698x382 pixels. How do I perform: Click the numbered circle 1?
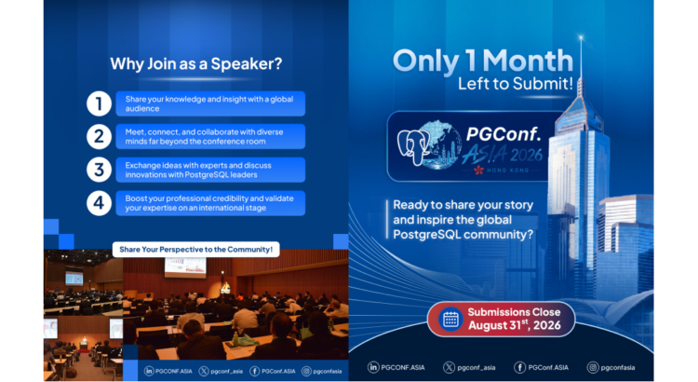click(99, 103)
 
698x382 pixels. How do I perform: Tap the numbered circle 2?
click(99, 136)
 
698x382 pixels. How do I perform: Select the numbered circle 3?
click(99, 170)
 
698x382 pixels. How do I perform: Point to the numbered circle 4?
click(99, 203)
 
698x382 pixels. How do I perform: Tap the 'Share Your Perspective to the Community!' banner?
click(195, 249)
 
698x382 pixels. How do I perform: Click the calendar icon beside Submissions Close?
click(450, 320)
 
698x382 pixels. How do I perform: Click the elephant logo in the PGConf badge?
click(414, 146)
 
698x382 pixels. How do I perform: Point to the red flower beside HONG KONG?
click(479, 170)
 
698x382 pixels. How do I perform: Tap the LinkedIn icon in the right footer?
click(373, 367)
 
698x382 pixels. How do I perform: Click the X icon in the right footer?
click(449, 367)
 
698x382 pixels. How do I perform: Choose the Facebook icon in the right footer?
click(519, 367)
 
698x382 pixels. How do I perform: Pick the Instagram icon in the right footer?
click(593, 367)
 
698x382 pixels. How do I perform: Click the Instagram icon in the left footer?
click(306, 371)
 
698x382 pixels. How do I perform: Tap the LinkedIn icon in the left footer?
click(149, 371)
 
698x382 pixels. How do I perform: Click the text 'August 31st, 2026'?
click(514, 325)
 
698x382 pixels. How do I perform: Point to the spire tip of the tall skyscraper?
click(581, 34)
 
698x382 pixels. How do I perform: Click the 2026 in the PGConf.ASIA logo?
click(527, 155)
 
